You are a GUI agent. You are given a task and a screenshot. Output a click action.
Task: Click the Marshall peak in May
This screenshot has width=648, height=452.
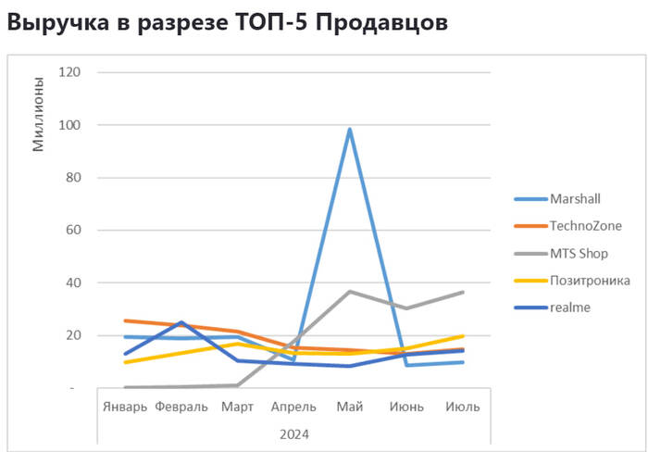tap(350, 130)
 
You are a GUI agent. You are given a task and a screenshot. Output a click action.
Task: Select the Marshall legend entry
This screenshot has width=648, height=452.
tap(574, 198)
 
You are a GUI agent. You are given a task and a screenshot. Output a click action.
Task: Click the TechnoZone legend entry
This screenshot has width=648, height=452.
tap(584, 225)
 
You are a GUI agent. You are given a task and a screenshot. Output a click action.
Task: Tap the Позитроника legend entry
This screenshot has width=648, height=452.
tap(590, 280)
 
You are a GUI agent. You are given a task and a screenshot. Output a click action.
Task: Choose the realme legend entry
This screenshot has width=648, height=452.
tap(569, 307)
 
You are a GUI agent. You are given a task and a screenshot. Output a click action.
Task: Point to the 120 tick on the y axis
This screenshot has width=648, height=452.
tap(69, 72)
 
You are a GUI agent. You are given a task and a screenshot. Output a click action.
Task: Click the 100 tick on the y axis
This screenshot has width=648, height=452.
tap(69, 125)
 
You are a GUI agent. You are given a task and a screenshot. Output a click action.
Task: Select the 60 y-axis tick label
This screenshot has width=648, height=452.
tap(72, 230)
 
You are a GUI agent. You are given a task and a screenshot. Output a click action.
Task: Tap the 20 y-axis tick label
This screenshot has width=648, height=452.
tap(72, 335)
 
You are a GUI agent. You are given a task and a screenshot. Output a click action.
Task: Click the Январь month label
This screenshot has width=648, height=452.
tap(124, 407)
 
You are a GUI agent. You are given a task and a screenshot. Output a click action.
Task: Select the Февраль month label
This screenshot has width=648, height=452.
tap(181, 407)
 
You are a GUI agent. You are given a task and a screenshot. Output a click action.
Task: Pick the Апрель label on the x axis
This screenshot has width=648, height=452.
tap(293, 407)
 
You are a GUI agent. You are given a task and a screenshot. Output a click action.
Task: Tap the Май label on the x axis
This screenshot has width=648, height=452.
tap(350, 407)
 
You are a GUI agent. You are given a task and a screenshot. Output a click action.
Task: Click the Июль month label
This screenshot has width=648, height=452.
tap(462, 407)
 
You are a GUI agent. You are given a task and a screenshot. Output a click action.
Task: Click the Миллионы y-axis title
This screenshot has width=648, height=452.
tap(38, 115)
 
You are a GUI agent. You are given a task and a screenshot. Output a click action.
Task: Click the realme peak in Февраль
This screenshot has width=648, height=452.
tap(181, 322)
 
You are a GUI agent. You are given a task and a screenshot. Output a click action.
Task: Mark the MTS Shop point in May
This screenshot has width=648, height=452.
tap(350, 292)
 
